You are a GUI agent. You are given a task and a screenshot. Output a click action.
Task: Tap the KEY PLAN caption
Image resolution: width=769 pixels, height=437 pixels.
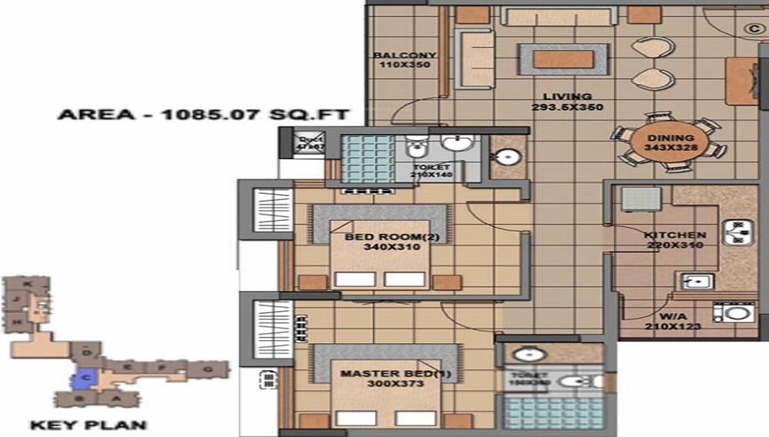click(88, 424)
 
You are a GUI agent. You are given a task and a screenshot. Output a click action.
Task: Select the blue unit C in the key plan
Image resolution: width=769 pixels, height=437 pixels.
click(85, 378)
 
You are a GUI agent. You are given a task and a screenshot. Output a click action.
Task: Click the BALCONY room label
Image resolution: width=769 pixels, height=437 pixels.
click(404, 55)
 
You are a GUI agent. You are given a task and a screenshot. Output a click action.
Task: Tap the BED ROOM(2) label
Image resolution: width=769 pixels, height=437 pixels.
click(391, 237)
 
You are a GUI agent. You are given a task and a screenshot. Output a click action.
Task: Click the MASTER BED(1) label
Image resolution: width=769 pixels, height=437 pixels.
click(382, 374)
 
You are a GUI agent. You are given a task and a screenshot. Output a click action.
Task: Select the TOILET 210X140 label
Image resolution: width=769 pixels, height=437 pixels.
click(431, 171)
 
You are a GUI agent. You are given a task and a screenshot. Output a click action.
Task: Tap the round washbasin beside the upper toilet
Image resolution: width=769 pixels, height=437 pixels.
click(506, 158)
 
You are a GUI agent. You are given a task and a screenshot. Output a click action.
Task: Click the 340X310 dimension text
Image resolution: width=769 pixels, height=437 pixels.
click(391, 248)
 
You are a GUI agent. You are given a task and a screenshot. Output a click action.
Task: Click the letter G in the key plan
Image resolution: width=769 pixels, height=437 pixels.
click(207, 370)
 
